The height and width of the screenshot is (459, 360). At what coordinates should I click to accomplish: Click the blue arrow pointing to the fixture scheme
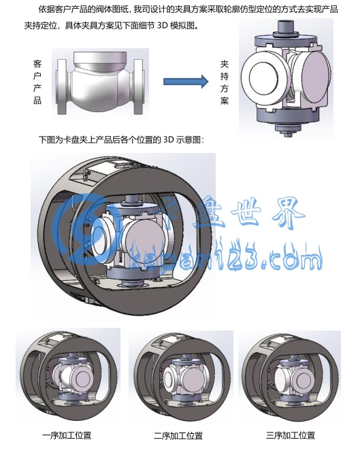click(186, 81)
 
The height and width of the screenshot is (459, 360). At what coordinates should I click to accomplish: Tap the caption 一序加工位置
click(67, 435)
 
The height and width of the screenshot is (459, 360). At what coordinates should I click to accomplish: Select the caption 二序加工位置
click(178, 436)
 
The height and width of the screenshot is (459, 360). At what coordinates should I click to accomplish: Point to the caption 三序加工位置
click(291, 435)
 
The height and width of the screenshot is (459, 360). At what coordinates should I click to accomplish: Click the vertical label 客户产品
click(37, 82)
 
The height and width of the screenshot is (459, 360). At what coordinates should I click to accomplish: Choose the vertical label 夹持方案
click(225, 82)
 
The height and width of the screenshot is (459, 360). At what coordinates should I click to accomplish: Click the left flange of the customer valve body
click(62, 86)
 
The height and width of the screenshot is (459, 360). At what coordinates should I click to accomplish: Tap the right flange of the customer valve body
click(139, 86)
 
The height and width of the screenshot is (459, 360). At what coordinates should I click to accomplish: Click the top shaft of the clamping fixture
click(284, 27)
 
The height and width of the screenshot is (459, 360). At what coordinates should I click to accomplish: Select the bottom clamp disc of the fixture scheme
click(287, 116)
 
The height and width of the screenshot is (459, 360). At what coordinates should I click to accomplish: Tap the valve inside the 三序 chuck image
click(293, 377)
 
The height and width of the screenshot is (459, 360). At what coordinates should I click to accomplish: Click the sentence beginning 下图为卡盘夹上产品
click(121, 139)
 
